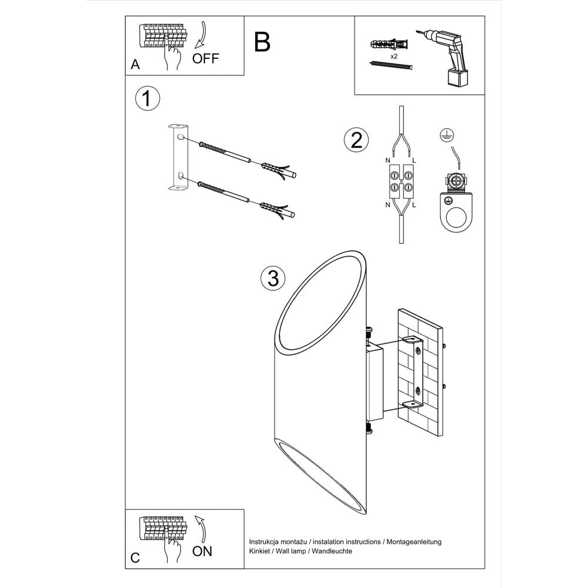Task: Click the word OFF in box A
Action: click(x=206, y=58)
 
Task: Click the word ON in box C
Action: click(x=202, y=551)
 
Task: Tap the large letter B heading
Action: click(x=263, y=42)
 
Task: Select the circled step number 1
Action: click(x=147, y=99)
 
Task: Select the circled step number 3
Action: click(x=272, y=278)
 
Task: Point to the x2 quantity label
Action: click(x=394, y=56)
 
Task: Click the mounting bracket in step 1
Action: click(x=179, y=157)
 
